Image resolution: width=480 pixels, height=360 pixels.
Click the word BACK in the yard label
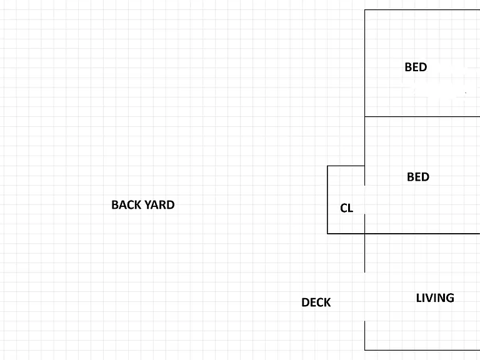coord(126,205)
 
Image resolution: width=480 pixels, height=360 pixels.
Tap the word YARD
coord(159,205)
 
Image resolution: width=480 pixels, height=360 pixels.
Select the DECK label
coord(316,302)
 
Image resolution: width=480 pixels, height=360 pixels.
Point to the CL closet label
coord(346,208)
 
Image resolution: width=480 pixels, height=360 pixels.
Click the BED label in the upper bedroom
coord(416,67)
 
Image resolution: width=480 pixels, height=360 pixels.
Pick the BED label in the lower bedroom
coord(418,177)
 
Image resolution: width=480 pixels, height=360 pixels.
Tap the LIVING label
coord(435,298)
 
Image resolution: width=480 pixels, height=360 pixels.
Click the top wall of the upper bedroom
coord(422,10)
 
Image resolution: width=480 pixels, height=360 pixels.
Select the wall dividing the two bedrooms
coord(422,117)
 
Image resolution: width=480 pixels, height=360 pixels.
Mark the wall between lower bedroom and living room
coord(422,234)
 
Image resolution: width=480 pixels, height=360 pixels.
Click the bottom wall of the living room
coord(422,350)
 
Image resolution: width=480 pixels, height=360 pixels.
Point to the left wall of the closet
coord(327,199)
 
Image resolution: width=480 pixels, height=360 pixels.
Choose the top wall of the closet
coord(346,166)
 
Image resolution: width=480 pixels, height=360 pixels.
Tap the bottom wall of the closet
coord(346,234)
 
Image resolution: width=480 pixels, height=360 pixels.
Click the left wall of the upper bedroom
coord(364,63)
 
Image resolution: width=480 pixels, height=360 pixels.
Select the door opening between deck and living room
coord(364,297)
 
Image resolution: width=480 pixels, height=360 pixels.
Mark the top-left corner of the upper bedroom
coord(364,10)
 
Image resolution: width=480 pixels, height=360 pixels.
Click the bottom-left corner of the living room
coord(364,350)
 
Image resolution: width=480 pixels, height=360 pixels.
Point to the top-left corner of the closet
coord(327,166)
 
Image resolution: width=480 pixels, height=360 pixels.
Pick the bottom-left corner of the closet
coord(327,234)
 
